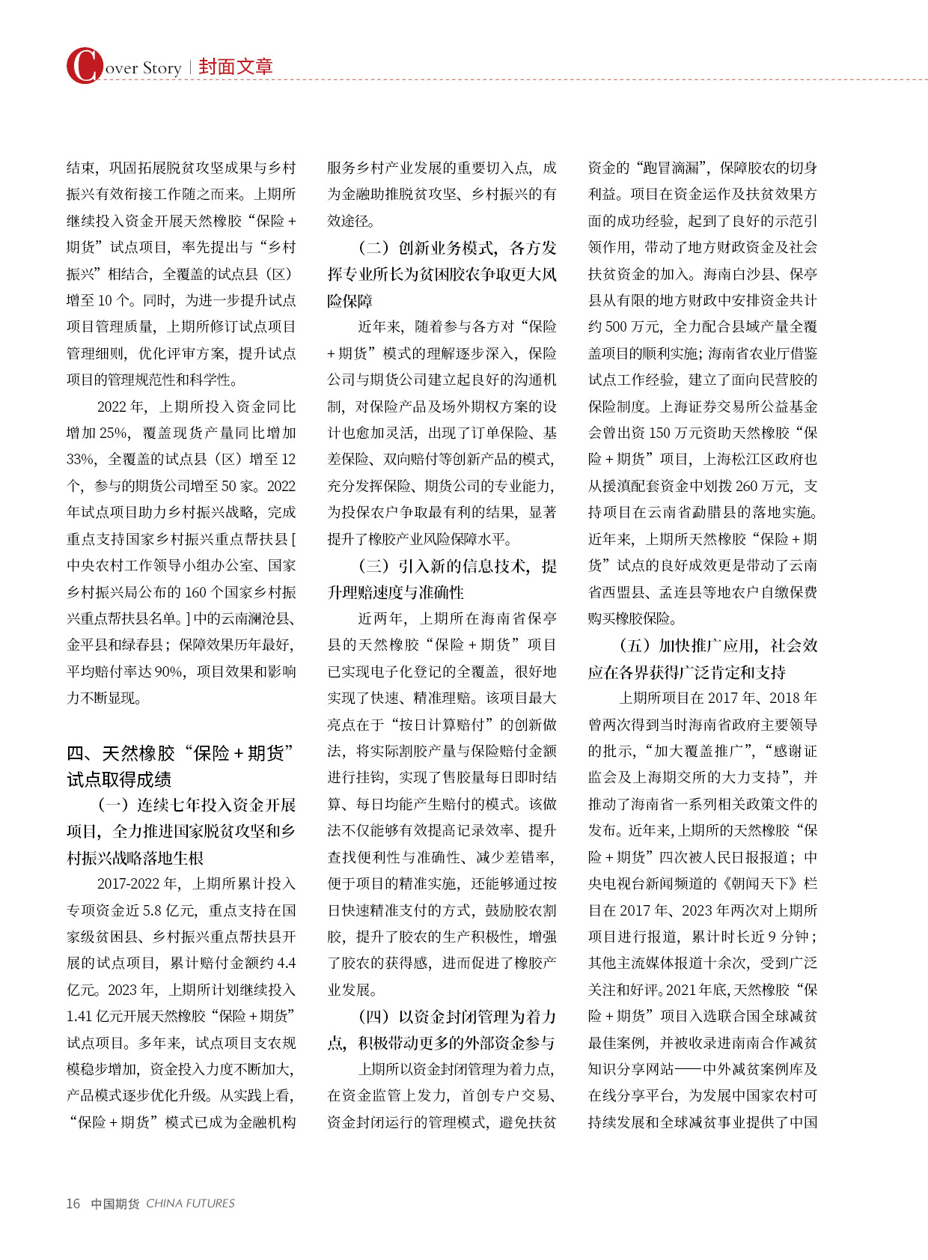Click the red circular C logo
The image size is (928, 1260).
84,66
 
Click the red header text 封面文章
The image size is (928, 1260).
235,67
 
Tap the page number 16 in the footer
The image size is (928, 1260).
73,1203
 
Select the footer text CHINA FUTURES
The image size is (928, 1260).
190,1203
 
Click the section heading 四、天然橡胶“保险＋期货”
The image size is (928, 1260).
180,753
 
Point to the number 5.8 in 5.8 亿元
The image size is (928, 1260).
152,910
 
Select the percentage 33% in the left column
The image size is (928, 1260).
81,459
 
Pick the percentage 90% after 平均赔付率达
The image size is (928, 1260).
169,672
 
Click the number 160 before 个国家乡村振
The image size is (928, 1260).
195,592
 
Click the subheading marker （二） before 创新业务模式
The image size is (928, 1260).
374,248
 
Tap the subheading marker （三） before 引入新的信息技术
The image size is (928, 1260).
374,566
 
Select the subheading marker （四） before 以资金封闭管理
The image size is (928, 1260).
374,1017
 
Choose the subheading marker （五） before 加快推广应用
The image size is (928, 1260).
635,645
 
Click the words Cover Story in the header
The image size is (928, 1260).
142,68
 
